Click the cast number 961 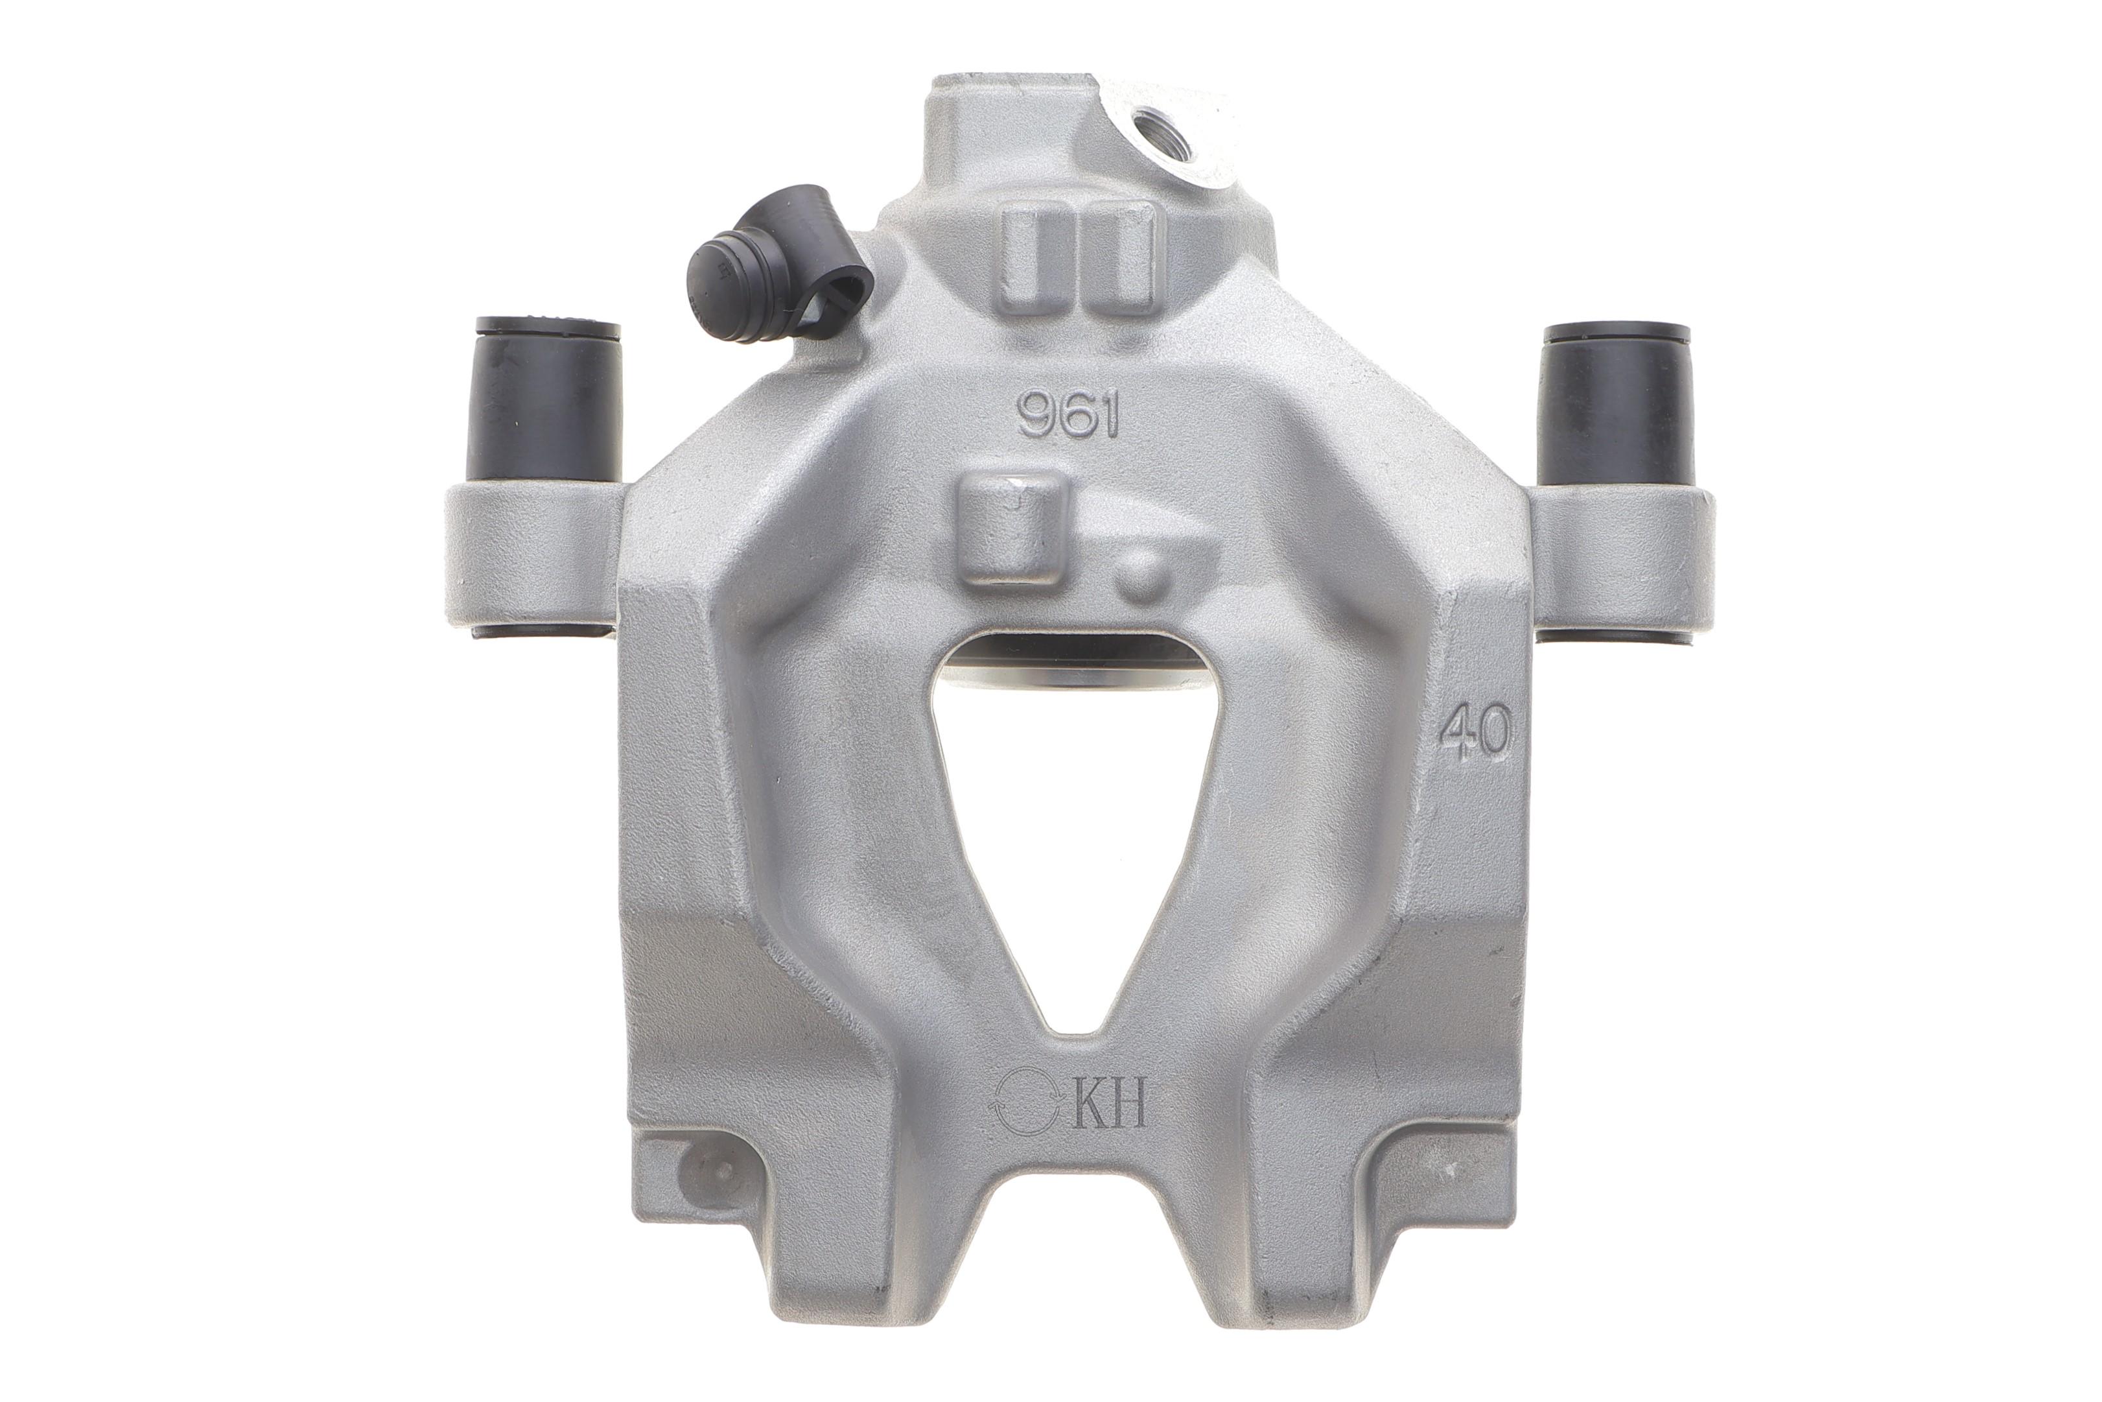point(1069,417)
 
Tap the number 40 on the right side point(1475,731)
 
